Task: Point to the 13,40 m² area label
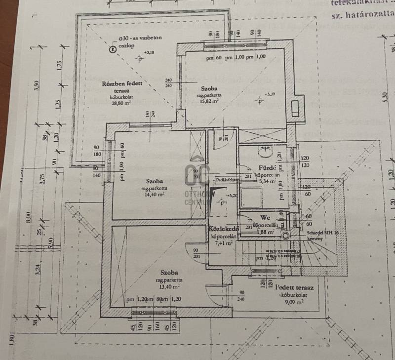coord(169,286)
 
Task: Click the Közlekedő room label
coord(224,229)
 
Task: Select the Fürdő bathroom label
coord(266,167)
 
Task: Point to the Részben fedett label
coord(122,83)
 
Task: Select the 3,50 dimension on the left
coord(36,85)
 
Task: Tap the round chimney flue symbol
coord(285,236)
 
